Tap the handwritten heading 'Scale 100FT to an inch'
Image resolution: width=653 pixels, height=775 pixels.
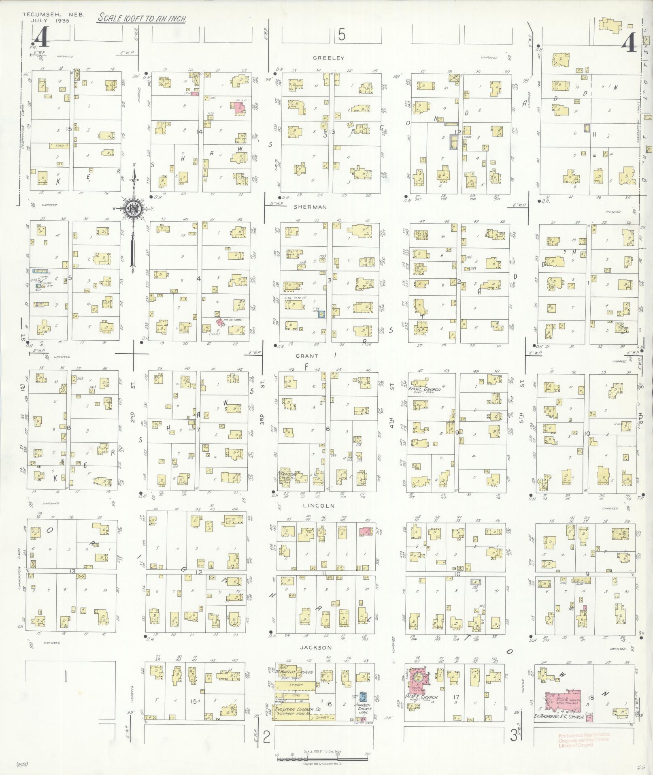140,19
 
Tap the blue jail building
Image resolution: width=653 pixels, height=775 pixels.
363,697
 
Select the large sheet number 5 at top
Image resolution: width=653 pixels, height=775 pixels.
342,36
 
